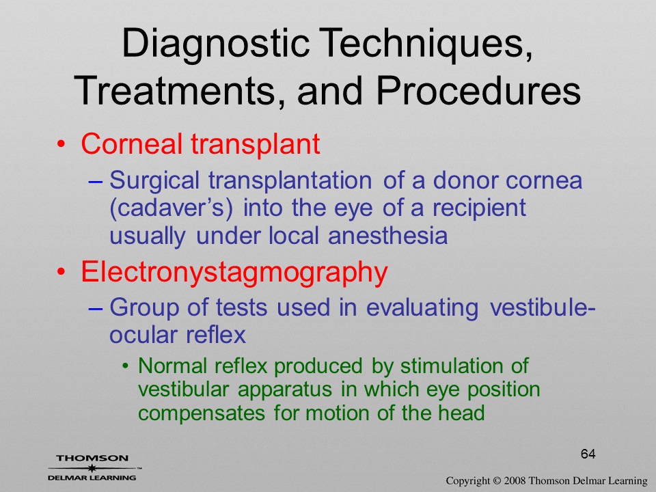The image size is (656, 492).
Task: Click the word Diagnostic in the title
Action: (215, 44)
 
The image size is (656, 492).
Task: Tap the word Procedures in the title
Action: (478, 91)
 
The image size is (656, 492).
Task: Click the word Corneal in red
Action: (131, 144)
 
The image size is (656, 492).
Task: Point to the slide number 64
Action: (588, 454)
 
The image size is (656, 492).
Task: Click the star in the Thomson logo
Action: (92, 468)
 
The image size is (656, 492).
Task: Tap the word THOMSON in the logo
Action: (92, 458)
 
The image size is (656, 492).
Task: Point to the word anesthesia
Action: (388, 236)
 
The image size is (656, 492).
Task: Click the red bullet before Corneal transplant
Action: (61, 144)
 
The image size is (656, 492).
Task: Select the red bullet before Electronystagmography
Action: (61, 273)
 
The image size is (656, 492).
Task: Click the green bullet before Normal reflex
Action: (126, 366)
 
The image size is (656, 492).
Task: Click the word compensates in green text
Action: (202, 414)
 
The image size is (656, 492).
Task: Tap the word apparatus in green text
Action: (285, 390)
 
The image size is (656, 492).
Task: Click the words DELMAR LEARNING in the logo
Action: (92, 478)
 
